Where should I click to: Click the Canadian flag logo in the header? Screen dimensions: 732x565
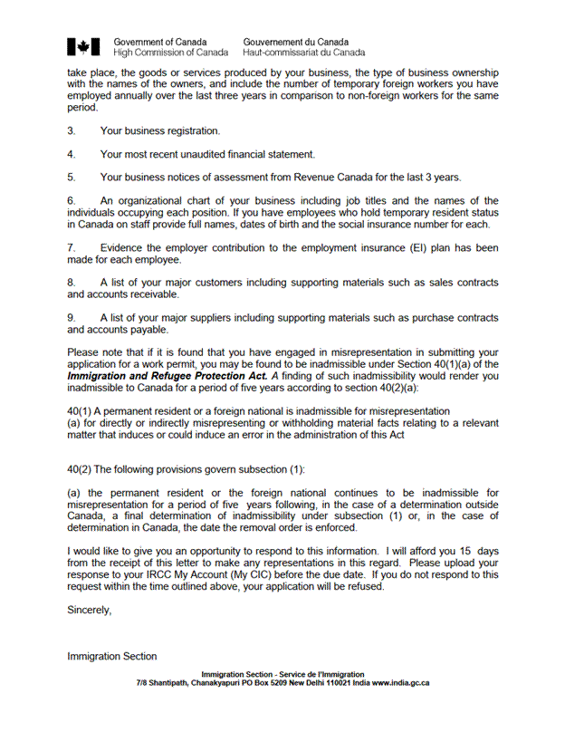pos(82,47)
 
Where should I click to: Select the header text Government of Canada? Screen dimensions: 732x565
pos(159,42)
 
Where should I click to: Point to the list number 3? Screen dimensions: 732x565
pos(71,131)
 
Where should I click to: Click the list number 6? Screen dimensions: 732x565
pos(71,201)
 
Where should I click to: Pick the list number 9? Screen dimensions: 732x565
pos(71,318)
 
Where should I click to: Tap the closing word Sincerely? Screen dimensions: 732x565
pos(89,610)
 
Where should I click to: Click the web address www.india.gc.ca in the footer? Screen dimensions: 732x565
pos(400,683)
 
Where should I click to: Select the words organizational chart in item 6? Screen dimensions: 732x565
pos(160,201)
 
